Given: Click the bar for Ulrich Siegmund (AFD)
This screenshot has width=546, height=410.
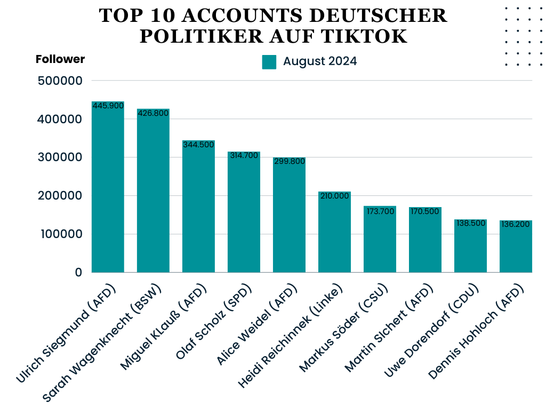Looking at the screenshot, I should pos(108,187).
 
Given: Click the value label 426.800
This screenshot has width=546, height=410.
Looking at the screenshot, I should pos(154,113).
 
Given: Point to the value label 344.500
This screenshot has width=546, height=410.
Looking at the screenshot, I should pos(198,145).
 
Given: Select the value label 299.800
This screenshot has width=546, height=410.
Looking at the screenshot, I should pos(289,161).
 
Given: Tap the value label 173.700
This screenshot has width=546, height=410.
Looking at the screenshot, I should pos(380,210).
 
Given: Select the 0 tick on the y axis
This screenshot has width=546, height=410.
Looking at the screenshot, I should pos(78,272).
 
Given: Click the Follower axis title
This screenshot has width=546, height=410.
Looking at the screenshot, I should pos(60,59).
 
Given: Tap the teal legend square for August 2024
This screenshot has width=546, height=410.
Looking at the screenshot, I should pos(269,62).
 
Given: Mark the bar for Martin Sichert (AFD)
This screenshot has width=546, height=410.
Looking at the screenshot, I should pos(425,240).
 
